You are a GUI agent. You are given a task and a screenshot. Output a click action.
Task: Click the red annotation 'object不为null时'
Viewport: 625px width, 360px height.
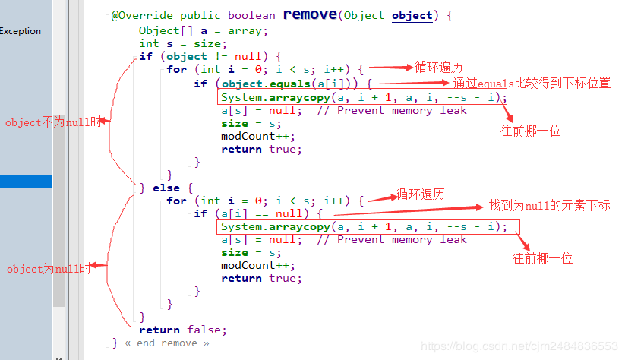(x=52, y=122)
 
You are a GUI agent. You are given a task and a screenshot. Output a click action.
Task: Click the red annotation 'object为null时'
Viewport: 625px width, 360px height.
(x=48, y=269)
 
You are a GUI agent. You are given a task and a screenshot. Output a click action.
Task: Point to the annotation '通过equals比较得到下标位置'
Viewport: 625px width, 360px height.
(x=532, y=84)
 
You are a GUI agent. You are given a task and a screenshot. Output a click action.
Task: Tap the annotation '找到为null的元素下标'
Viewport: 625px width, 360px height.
(x=549, y=206)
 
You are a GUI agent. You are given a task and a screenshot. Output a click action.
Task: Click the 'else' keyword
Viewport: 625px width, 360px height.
(x=166, y=188)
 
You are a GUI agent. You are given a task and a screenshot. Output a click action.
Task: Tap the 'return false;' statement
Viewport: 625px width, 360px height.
(x=183, y=330)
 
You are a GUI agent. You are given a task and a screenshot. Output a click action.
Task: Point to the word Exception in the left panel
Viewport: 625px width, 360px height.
(x=21, y=31)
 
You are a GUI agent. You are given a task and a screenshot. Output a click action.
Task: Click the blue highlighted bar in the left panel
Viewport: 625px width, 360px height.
(x=26, y=182)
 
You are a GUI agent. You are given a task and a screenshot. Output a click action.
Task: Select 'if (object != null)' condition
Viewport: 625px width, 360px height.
(x=210, y=56)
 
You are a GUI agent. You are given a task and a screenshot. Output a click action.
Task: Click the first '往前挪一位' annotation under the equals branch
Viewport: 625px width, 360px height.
(x=530, y=131)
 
